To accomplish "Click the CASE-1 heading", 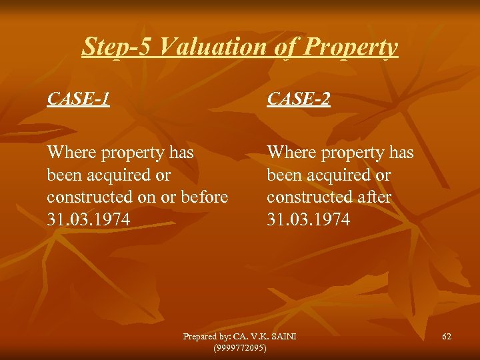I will click(79, 99).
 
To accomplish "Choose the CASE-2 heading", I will click(299, 99).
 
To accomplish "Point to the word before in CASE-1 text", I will click(206, 197).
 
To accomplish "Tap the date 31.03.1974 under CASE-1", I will click(89, 219).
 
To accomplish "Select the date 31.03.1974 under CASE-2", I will click(309, 219).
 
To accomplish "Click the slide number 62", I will click(447, 337).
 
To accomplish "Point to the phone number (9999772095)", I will click(239, 348).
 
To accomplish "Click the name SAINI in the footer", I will click(282, 337).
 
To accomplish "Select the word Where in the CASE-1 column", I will click(71, 153).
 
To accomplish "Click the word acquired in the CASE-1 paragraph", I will click(122, 175).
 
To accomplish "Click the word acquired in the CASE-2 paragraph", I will click(342, 175).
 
